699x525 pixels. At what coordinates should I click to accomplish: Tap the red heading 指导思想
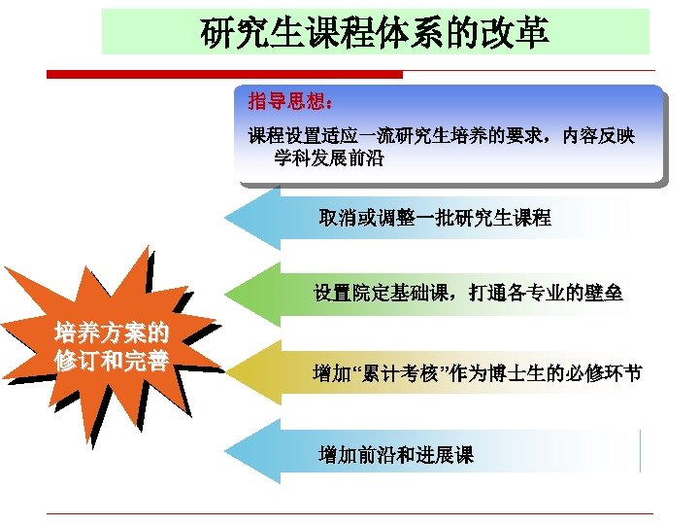tap(290, 101)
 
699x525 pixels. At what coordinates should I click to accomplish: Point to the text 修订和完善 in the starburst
tap(110, 361)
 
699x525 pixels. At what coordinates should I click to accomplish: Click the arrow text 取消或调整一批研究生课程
tap(435, 218)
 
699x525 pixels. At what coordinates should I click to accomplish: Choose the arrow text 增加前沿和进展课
tap(396, 454)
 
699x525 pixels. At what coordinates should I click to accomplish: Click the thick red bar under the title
tap(224, 74)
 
